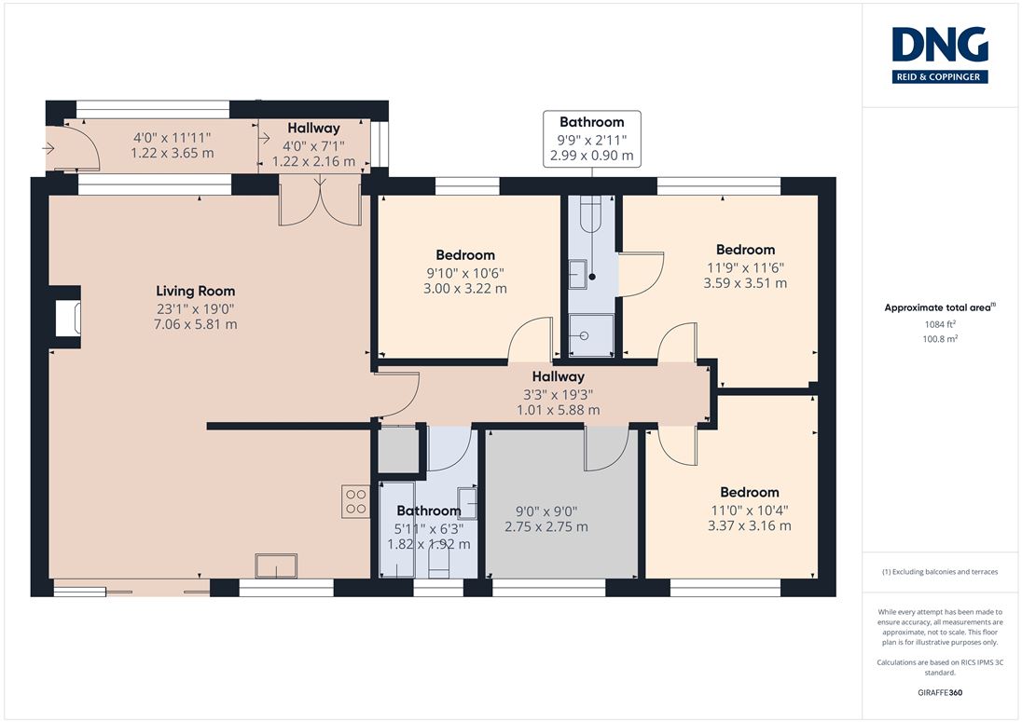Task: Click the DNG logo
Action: click(x=940, y=55)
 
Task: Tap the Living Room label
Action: click(x=196, y=291)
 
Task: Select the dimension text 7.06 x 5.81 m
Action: click(x=196, y=324)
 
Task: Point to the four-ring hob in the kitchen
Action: click(x=356, y=501)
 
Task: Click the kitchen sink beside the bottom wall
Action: click(x=276, y=565)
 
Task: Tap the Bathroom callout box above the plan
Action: click(x=592, y=139)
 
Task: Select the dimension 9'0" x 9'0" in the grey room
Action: click(x=546, y=511)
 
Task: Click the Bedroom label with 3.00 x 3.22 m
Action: click(x=465, y=254)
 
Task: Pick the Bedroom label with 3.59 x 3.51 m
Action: click(x=746, y=250)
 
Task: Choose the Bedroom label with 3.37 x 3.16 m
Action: click(x=750, y=492)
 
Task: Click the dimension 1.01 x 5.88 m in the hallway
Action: click(x=559, y=410)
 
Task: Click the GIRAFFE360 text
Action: click(x=940, y=693)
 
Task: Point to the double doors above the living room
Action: click(x=319, y=203)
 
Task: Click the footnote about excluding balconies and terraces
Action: click(x=940, y=572)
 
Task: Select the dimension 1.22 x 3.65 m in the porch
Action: click(x=173, y=153)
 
